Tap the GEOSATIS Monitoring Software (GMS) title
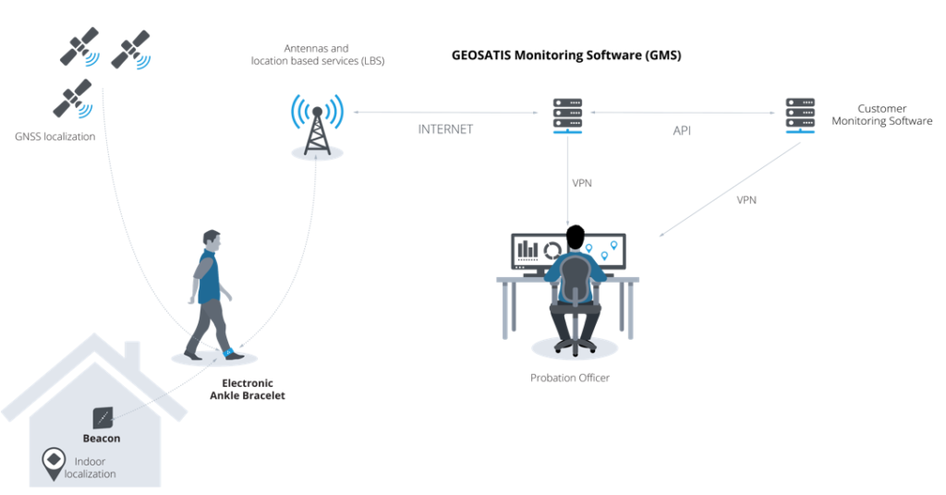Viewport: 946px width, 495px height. pyautogui.click(x=565, y=55)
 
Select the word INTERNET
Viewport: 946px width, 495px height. pyautogui.click(x=445, y=129)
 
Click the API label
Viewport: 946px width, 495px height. pyautogui.click(x=682, y=131)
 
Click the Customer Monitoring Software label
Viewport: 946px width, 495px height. pyautogui.click(x=881, y=115)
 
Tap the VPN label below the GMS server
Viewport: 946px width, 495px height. pyautogui.click(x=582, y=183)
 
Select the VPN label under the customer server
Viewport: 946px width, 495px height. pyautogui.click(x=747, y=199)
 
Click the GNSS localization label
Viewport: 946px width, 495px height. pyautogui.click(x=55, y=137)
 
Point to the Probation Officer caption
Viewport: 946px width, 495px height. pyautogui.click(x=570, y=378)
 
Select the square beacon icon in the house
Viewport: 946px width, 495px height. pyautogui.click(x=103, y=417)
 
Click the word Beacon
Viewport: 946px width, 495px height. pyautogui.click(x=102, y=439)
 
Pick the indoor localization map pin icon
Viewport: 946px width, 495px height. pyautogui.click(x=52, y=461)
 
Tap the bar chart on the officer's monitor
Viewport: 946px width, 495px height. pyautogui.click(x=528, y=249)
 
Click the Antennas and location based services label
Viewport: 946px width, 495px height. pyautogui.click(x=318, y=54)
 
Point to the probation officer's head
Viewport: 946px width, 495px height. pyautogui.click(x=576, y=237)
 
